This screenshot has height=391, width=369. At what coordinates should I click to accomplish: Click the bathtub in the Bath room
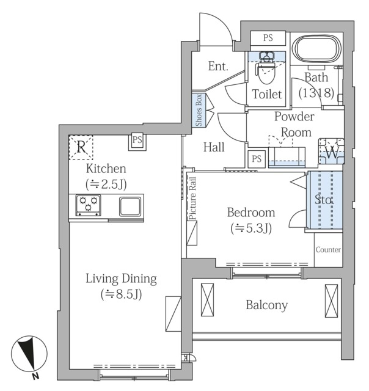pos(316,49)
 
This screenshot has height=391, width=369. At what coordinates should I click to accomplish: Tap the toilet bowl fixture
pos(266,68)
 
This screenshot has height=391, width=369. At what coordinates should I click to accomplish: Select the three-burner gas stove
pos(88,205)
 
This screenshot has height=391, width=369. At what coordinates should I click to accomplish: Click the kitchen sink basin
pos(130,206)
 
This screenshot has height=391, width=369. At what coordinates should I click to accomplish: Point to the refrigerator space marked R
pos(81,147)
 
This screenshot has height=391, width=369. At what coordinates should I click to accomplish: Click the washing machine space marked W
pos(332,152)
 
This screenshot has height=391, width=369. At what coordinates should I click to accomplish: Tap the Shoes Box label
pos(199,110)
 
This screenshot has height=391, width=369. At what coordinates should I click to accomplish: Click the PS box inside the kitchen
pos(137,141)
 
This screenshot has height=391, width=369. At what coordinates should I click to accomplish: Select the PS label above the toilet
pos(268,38)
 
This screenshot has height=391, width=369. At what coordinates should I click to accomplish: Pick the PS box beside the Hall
pos(257,159)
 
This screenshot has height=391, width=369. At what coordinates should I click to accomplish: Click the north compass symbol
pos(29,354)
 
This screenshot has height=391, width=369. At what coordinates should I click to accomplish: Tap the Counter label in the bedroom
pos(328,250)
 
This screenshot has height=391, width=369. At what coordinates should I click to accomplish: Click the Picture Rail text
pos(192,198)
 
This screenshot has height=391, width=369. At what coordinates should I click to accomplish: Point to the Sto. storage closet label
pos(324,200)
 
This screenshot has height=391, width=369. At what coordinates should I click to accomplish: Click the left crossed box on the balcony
pos(208,300)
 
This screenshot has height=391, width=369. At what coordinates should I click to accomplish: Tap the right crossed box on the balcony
pos(331,301)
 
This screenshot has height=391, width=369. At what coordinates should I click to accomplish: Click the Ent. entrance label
pos(219,67)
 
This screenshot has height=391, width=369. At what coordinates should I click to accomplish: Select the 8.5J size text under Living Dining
pos(122,294)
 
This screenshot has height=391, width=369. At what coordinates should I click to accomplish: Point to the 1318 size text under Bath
pos(316,93)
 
